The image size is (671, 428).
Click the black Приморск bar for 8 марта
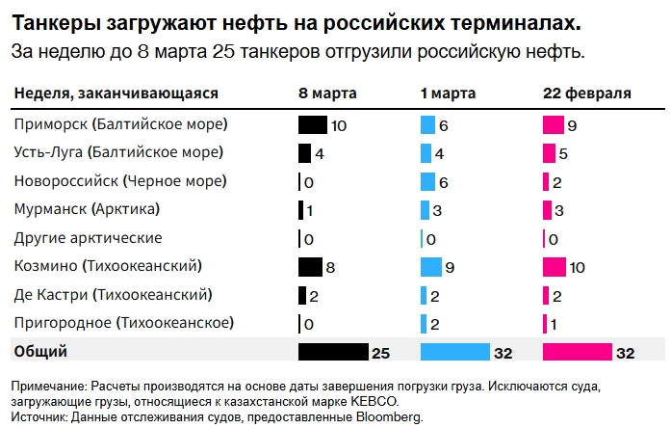[313, 125]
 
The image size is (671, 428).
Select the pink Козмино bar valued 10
[555, 267]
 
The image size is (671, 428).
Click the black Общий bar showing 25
[333, 353]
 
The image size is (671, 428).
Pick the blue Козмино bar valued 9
[430, 267]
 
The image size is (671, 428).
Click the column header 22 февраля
[587, 94]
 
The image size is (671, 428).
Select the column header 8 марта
[327, 94]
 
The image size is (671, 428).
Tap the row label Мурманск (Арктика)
[86, 209]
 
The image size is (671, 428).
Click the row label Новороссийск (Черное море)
[120, 181]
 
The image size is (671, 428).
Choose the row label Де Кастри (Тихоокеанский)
[113, 295]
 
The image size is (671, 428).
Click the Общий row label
[40, 352]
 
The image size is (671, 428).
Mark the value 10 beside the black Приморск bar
[339, 125]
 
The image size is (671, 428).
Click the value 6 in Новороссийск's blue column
[444, 182]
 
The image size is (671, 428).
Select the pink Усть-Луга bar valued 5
[549, 153]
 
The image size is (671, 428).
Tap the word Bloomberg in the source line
[390, 417]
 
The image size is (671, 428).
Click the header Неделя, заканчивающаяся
[116, 94]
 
